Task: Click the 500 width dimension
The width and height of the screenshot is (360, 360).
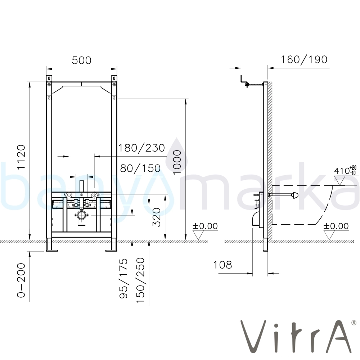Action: click(x=81, y=60)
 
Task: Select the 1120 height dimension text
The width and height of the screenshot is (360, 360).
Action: click(x=21, y=157)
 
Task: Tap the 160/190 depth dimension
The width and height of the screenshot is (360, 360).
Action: click(x=304, y=60)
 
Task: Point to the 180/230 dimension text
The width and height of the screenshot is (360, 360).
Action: click(x=141, y=148)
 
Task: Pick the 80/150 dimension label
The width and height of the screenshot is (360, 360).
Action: click(x=140, y=168)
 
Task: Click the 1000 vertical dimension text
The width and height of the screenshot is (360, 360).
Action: click(x=177, y=162)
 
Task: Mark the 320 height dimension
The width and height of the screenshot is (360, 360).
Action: click(x=157, y=217)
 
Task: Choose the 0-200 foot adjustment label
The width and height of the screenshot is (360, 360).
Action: click(x=21, y=280)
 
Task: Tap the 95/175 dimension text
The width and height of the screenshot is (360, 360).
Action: click(x=123, y=278)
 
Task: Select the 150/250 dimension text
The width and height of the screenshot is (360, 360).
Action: click(x=140, y=280)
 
